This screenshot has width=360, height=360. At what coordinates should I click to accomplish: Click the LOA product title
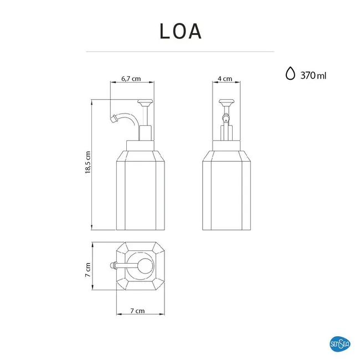pos(181,31)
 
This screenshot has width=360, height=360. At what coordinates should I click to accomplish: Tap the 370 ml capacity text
pos(313,75)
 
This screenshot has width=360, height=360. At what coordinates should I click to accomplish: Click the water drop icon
pos(290,73)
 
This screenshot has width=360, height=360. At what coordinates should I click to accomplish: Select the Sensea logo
pos(340,344)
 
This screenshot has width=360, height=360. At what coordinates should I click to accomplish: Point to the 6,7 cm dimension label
pos(131,79)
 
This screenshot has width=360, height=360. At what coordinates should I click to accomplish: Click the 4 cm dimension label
pos(225,79)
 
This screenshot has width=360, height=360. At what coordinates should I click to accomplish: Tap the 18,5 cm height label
pos(88,162)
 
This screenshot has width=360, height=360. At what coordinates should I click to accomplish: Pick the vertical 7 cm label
pos(88,270)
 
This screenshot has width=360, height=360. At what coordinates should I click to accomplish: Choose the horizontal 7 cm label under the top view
pos(137,311)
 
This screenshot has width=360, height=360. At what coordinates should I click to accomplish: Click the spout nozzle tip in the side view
pos(114,119)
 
